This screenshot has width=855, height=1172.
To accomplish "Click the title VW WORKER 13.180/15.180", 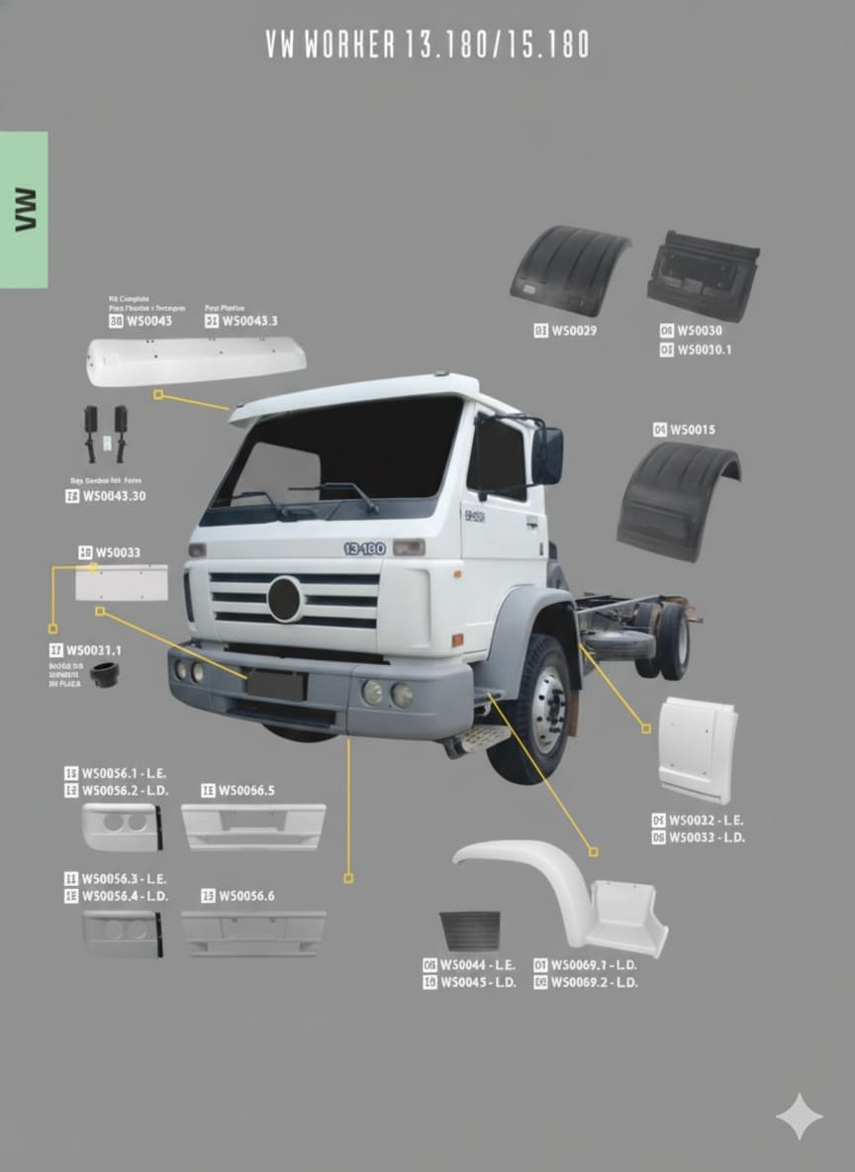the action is pyautogui.click(x=427, y=45).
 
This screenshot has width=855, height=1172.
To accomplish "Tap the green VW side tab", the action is pyautogui.click(x=24, y=209).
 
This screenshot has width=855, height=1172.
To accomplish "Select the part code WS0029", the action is pyautogui.click(x=574, y=331).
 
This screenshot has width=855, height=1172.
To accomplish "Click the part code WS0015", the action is pyautogui.click(x=692, y=430).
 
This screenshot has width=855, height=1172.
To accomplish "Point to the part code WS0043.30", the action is pyautogui.click(x=113, y=496).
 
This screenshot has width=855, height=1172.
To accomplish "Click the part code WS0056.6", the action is pyautogui.click(x=246, y=896).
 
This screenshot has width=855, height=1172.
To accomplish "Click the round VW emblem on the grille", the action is pyautogui.click(x=285, y=599).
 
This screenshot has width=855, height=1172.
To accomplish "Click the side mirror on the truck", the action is pyautogui.click(x=547, y=455).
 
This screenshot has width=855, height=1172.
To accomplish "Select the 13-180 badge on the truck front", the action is pyautogui.click(x=364, y=548).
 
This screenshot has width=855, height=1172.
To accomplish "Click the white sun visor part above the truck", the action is pyautogui.click(x=195, y=360).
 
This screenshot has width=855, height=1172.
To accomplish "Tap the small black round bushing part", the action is pyautogui.click(x=104, y=675).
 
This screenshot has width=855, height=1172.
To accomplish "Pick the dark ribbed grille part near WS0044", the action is pyautogui.click(x=470, y=931).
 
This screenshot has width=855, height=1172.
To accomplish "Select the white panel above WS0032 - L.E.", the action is pyautogui.click(x=698, y=749).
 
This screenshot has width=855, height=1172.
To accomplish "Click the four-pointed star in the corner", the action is pyautogui.click(x=799, y=1117).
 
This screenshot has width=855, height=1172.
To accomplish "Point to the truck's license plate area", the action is pyautogui.click(x=276, y=685).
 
